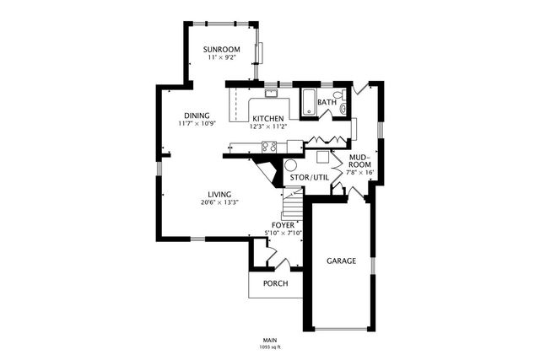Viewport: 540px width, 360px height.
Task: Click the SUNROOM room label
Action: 222,51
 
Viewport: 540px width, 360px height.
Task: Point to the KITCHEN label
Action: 267,118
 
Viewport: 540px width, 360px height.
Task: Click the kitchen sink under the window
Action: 272,93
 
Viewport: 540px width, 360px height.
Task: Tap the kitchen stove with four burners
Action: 270,147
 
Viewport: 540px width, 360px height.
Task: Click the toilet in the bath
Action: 338,96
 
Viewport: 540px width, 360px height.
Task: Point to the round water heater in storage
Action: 291,165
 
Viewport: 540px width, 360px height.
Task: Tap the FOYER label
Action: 283,225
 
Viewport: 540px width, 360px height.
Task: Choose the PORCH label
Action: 275,283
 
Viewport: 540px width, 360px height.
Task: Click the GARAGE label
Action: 341,261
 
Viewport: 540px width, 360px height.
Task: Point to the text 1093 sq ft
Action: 269,347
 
